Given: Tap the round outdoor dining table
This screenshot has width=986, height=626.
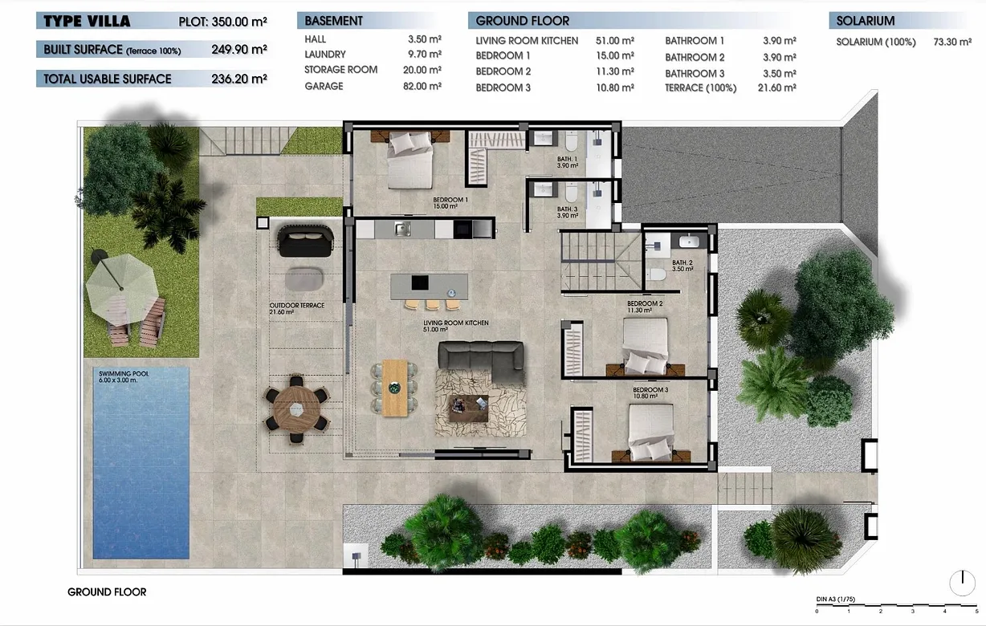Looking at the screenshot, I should (x=296, y=409).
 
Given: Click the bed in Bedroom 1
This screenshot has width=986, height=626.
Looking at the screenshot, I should (x=412, y=158).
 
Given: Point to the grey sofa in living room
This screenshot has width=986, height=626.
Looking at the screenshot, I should (x=481, y=360).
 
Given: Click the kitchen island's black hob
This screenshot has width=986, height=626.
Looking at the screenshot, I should (x=420, y=283).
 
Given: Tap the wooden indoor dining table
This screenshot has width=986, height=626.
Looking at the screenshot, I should (x=394, y=387).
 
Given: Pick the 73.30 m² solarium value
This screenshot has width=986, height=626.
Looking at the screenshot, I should (x=953, y=43).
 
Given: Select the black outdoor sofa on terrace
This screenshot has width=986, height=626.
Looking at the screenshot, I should (x=304, y=240).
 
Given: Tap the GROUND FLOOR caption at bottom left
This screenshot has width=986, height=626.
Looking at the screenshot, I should (x=107, y=592).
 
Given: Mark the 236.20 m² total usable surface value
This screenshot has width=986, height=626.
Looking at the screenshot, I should (x=238, y=79).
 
